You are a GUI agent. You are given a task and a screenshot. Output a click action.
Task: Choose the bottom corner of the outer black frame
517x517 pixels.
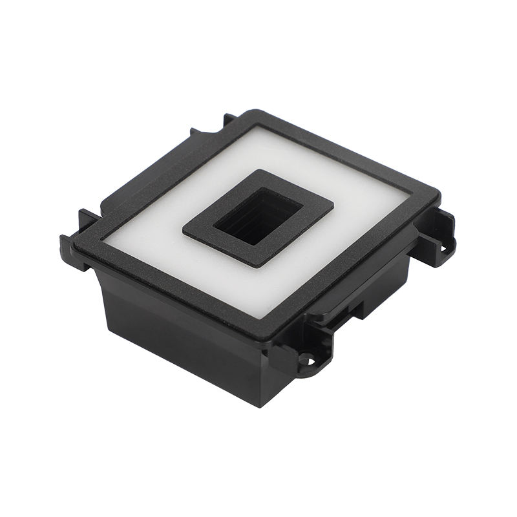[269, 338]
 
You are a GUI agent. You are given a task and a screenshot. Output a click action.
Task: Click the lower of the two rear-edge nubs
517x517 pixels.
[194, 132]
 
